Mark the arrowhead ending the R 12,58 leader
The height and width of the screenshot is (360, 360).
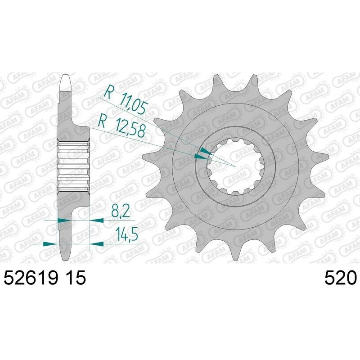point(198,156)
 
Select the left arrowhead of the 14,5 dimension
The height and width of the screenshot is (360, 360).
point(49,243)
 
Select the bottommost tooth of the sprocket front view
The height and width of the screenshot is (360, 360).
point(234,254)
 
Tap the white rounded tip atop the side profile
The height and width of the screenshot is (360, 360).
point(66,83)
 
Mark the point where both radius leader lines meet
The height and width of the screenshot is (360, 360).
point(235,166)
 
